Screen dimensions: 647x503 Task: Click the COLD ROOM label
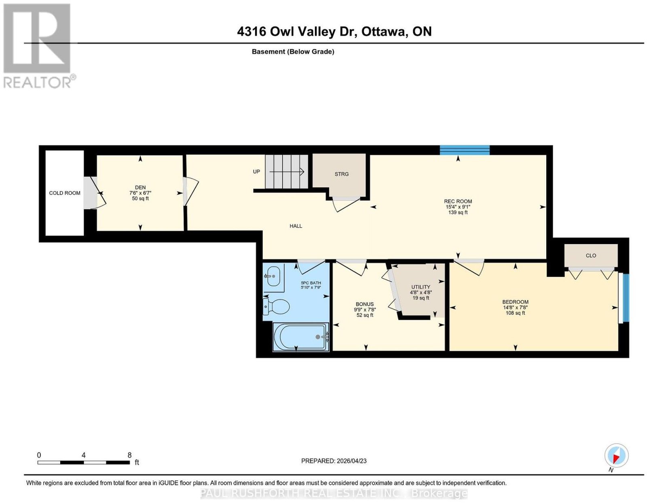(x=65, y=193)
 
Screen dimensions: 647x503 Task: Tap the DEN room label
(x=140, y=187)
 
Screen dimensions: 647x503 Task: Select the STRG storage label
(x=342, y=174)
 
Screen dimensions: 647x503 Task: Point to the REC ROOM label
(x=458, y=201)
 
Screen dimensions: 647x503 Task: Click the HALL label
(x=296, y=226)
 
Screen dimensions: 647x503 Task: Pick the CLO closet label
(x=591, y=255)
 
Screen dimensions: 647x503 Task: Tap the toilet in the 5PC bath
(x=276, y=306)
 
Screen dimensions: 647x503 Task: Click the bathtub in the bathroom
(x=301, y=337)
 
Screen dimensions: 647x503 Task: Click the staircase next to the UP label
(x=286, y=172)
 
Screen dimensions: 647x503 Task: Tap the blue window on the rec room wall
(x=465, y=150)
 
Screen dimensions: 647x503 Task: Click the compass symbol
(x=616, y=456)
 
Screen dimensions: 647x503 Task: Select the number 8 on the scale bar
(x=129, y=455)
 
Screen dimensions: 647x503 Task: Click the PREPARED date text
(x=334, y=461)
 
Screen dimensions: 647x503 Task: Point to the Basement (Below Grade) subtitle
(x=293, y=51)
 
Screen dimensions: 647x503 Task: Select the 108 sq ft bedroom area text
(x=516, y=313)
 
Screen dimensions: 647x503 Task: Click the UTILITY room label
(x=421, y=287)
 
